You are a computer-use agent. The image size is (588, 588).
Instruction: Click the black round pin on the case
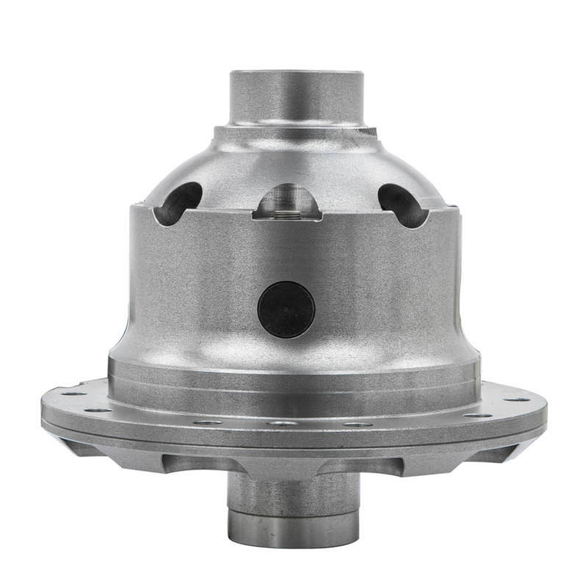tap(286, 309)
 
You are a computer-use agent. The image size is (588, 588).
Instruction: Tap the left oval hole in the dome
tap(178, 202)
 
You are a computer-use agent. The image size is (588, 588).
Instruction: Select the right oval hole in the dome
tap(401, 204)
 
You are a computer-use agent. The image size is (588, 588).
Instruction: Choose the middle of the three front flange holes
tap(282, 423)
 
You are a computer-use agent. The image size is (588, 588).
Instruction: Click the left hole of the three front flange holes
tap(208, 423)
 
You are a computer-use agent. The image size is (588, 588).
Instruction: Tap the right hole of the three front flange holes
tap(356, 424)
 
